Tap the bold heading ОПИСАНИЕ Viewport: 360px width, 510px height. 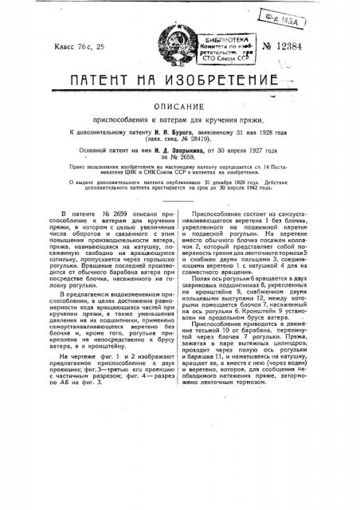point(181,113)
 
